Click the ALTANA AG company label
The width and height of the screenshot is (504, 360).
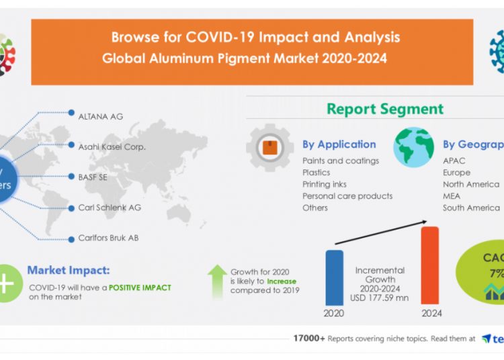[101, 116]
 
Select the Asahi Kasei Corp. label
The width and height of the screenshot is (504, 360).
[112, 146]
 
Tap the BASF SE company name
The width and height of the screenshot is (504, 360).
[93, 177]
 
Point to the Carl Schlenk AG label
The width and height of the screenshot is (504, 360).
[110, 208]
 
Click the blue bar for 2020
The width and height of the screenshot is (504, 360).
[334, 277]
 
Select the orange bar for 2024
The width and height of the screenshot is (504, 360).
[429, 265]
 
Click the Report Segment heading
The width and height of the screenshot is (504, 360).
[385, 109]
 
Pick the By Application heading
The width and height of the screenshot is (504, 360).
[339, 144]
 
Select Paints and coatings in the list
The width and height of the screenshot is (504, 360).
[340, 161]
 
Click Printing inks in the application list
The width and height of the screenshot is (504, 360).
[325, 184]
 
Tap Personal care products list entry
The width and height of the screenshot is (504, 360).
[347, 196]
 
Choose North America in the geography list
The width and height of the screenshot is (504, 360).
[470, 184]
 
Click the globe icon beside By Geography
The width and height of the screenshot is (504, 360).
[413, 147]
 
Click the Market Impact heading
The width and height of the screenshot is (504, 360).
[68, 270]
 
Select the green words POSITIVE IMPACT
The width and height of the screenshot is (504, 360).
[140, 287]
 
